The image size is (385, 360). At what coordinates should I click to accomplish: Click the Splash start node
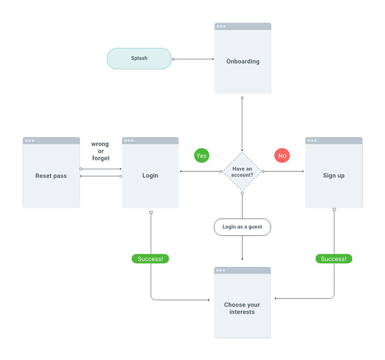click(139, 58)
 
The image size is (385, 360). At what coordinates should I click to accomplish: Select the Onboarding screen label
click(243, 61)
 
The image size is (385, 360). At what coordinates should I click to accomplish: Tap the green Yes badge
click(201, 156)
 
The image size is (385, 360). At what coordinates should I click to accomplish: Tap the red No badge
click(282, 156)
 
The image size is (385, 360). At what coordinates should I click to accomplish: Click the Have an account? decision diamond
click(242, 172)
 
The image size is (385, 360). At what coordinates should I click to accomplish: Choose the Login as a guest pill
click(242, 227)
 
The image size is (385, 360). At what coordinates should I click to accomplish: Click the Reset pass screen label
click(51, 176)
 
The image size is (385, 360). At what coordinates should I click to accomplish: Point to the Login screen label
click(150, 176)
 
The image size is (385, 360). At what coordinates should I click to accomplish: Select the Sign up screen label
click(334, 176)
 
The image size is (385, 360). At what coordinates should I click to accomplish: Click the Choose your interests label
click(242, 308)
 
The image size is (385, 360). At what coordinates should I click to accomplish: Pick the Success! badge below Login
click(150, 259)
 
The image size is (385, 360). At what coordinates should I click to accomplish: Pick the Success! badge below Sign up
click(334, 259)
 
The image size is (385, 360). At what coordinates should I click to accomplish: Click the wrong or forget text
click(100, 151)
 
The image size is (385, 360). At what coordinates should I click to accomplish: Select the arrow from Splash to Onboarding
click(193, 59)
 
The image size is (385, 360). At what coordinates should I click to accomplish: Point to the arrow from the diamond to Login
click(201, 171)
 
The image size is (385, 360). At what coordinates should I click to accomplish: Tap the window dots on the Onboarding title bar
click(221, 26)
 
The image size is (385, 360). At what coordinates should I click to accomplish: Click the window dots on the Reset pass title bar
click(30, 141)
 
